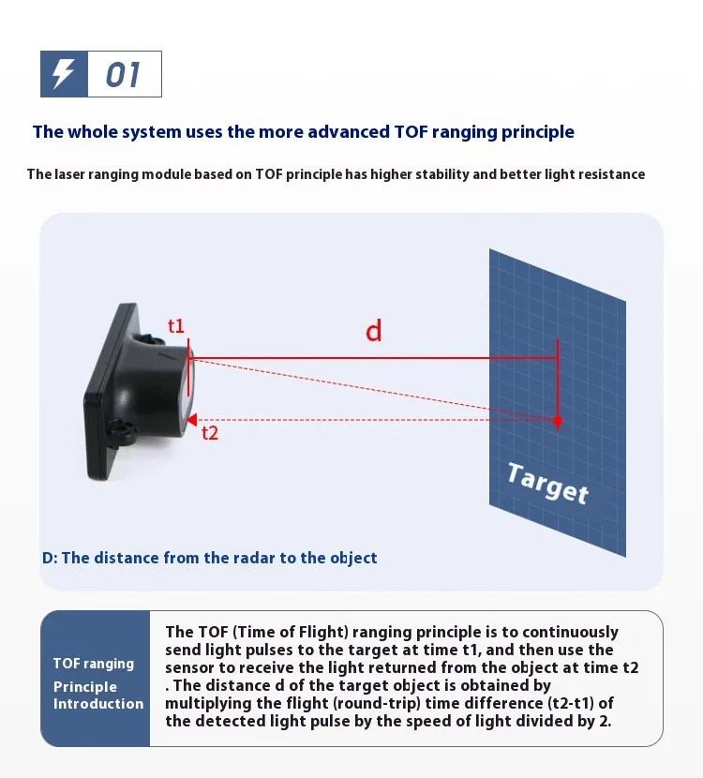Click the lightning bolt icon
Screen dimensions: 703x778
[x=64, y=73]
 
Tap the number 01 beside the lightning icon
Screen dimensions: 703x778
[x=123, y=75]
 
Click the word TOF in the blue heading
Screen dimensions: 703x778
[x=411, y=132]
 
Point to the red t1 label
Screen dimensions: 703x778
[x=176, y=326]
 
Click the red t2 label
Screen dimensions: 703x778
[x=210, y=433]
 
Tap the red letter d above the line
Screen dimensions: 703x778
[x=374, y=331]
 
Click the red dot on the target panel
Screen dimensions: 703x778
[x=558, y=421]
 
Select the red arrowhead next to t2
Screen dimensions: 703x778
[x=191, y=420]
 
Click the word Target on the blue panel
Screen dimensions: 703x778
[x=547, y=484]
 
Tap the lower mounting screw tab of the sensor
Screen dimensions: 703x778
[x=121, y=429]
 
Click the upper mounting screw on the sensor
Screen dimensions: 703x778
[x=151, y=340]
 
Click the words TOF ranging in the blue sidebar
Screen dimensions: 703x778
[x=94, y=664]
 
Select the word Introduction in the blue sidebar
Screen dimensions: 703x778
[x=98, y=704]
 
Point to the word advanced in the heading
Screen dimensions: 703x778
[x=349, y=132]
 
